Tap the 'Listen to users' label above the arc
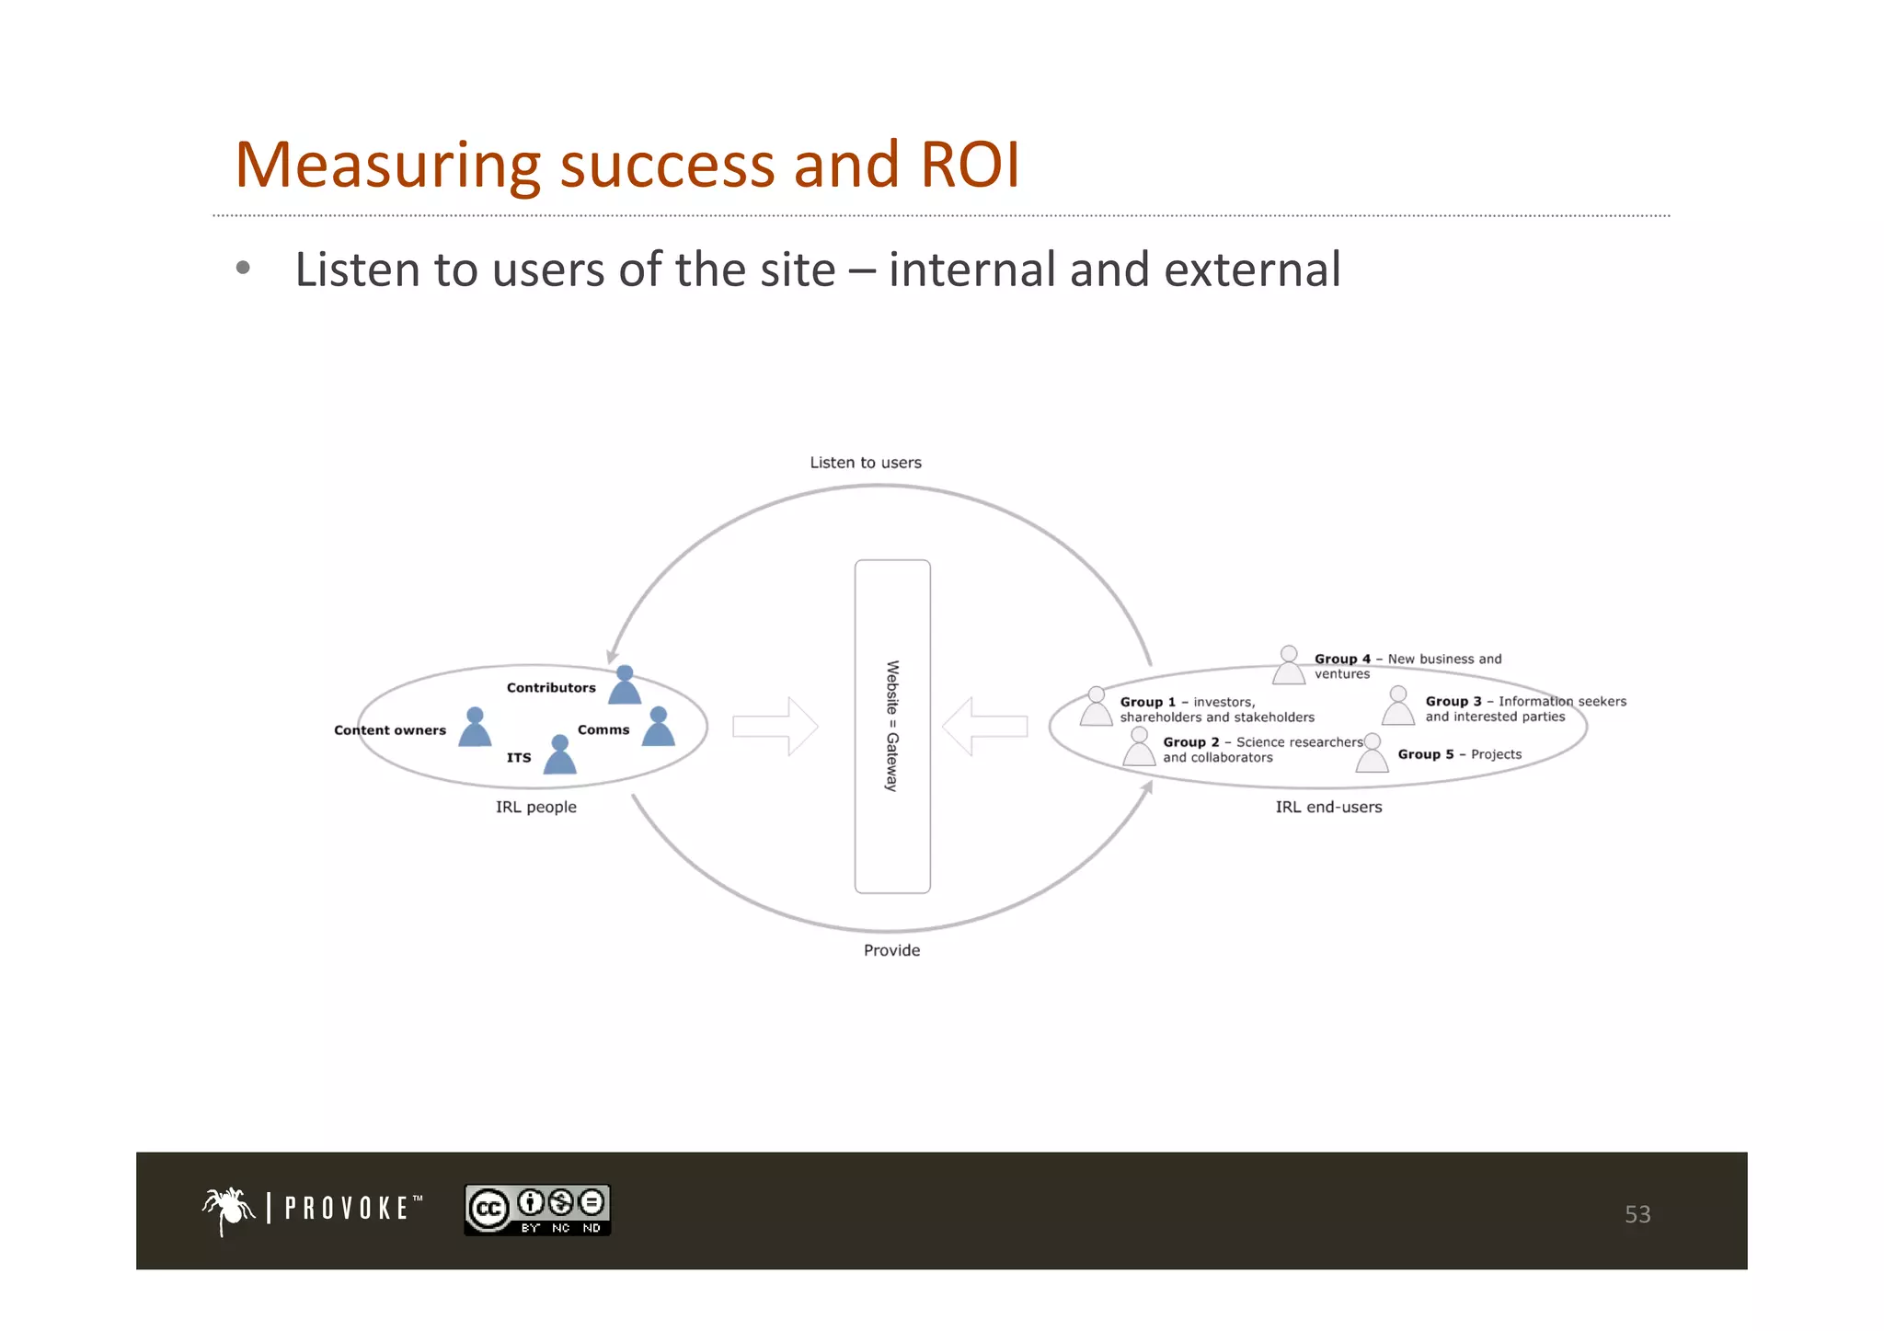pyautogui.click(x=865, y=463)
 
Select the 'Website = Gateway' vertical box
pyautogui.click(x=892, y=726)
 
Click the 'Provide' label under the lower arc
pyautogui.click(x=891, y=950)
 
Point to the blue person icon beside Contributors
pyautogui.click(x=625, y=686)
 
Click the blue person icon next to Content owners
pyautogui.click(x=475, y=728)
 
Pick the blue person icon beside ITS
pyautogui.click(x=559, y=756)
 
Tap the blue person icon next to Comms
pyautogui.click(x=659, y=727)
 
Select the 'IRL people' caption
pyautogui.click(x=535, y=807)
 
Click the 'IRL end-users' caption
pyautogui.click(x=1328, y=807)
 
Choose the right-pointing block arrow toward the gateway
pyautogui.click(x=775, y=727)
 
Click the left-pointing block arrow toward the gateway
pyautogui.click(x=985, y=727)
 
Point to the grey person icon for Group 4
pyautogui.click(x=1289, y=665)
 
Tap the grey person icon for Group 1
pyautogui.click(x=1096, y=707)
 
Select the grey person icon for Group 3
pyautogui.click(x=1398, y=706)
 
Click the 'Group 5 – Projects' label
pyautogui.click(x=1459, y=754)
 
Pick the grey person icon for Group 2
pyautogui.click(x=1139, y=748)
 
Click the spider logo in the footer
pyautogui.click(x=227, y=1210)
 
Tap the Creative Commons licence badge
pyautogui.click(x=537, y=1210)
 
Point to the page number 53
pyautogui.click(x=1637, y=1214)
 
